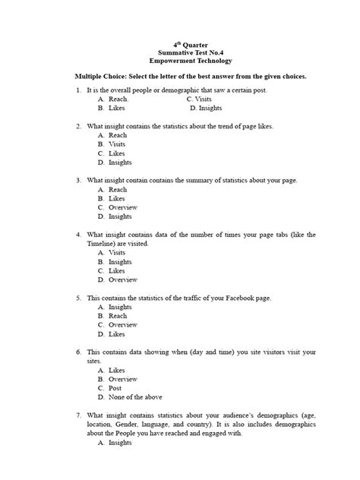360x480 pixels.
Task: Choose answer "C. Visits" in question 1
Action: click(x=198, y=99)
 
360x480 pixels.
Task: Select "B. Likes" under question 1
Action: click(x=112, y=108)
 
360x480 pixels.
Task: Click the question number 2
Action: click(x=79, y=125)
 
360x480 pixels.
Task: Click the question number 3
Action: click(x=79, y=181)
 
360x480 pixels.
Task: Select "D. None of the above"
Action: click(x=131, y=397)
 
